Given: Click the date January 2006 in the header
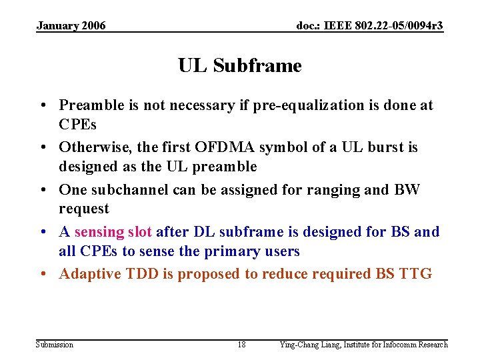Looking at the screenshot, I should [x=71, y=26].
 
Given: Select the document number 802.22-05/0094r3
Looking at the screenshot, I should [x=398, y=26].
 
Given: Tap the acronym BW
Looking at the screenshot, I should [x=407, y=189].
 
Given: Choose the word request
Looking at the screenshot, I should [x=83, y=209].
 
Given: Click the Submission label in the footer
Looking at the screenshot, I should [x=55, y=345].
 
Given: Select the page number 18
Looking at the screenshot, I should [x=241, y=345].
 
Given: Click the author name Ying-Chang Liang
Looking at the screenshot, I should [x=309, y=345].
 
